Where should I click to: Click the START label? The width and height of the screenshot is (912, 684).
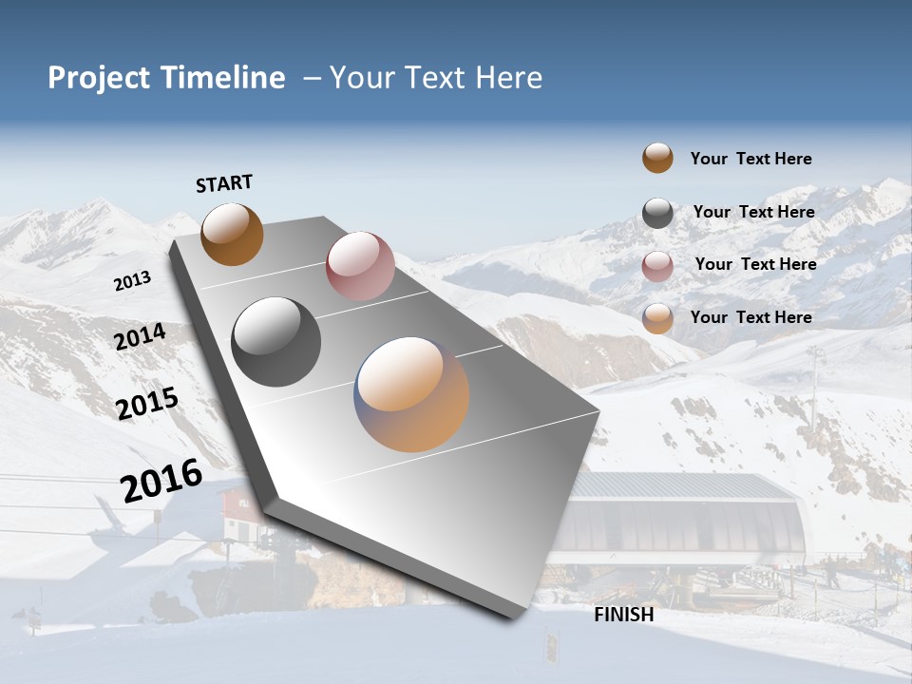coord(224,183)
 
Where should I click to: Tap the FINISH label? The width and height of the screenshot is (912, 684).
coord(623,615)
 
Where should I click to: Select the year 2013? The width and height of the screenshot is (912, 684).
coord(132,281)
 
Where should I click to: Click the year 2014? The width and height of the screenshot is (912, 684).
coord(140,336)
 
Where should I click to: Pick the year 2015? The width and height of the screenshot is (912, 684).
coord(146,403)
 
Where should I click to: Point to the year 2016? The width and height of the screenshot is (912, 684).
coord(161,480)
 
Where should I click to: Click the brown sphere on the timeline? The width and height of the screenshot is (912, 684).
coord(232,234)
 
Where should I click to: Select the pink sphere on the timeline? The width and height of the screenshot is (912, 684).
coord(360,266)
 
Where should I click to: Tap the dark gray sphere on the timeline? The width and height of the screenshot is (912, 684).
coord(275,342)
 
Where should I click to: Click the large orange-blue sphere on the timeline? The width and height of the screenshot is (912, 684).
coord(411,394)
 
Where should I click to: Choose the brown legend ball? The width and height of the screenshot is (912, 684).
coord(657,158)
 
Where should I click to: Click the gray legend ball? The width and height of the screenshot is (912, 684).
coord(657,213)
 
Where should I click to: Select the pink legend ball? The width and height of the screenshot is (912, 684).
coord(657,266)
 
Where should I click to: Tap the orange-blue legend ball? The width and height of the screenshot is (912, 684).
coord(657,318)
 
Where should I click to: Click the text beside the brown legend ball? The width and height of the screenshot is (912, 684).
coord(750,159)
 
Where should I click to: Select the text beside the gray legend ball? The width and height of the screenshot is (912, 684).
coord(753,212)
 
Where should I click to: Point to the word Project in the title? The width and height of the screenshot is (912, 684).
coord(98,78)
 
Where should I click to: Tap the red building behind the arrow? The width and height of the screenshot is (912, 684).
coord(237,514)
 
